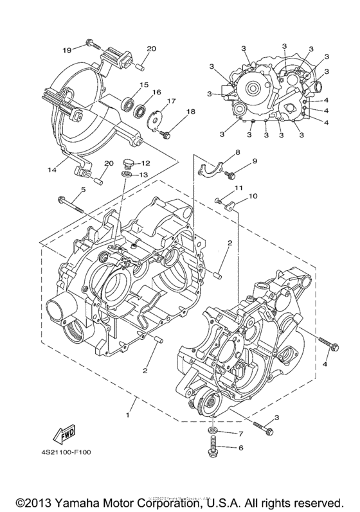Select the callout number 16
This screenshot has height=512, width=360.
[x=156, y=93]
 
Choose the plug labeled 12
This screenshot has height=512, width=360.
[x=126, y=164]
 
